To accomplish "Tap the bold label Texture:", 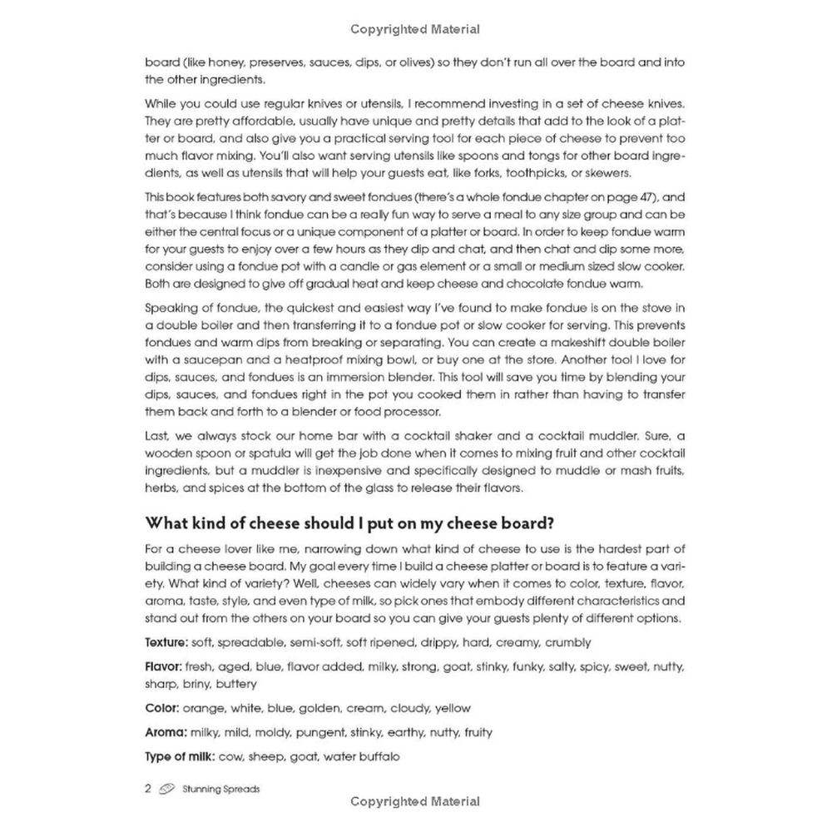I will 167,642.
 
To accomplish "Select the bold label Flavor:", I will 166,666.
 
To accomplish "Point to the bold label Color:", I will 162,708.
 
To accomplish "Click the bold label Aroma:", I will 166,732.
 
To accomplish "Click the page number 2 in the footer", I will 147,789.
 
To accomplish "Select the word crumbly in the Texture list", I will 566,642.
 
